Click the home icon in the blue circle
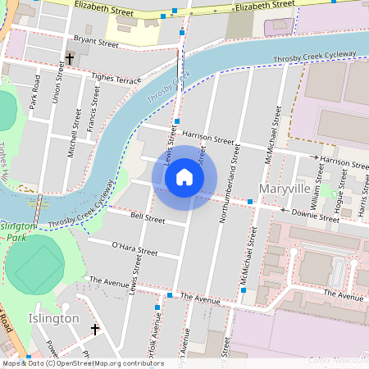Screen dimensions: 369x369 pyautogui.click(x=184, y=177)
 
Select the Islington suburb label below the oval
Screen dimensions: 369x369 pyautogui.click(x=53, y=318)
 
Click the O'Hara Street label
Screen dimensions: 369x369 pyautogui.click(x=134, y=248)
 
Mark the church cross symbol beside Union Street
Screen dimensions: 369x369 pyautogui.click(x=70, y=59)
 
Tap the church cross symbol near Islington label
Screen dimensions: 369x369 pyautogui.click(x=95, y=330)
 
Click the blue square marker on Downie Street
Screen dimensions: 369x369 pyautogui.click(x=250, y=202)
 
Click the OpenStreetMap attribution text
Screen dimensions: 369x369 pyautogui.click(x=82, y=363)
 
